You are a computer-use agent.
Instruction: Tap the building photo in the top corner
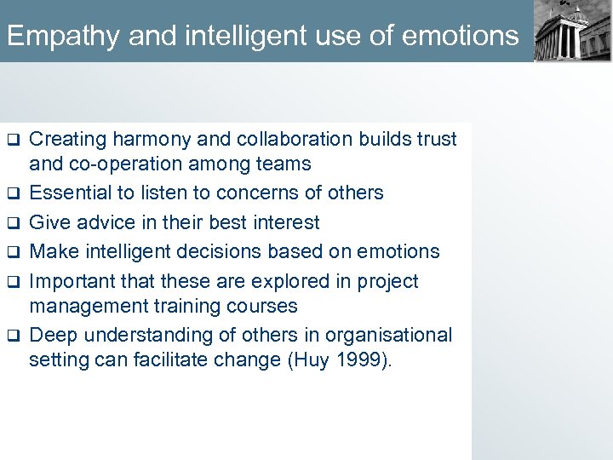pos(573,31)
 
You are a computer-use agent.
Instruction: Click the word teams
pos(284,164)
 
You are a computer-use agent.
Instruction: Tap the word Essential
pos(72,193)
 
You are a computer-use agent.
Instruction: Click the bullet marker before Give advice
pos(13,223)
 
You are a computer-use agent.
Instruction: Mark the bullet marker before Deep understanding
pos(13,336)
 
